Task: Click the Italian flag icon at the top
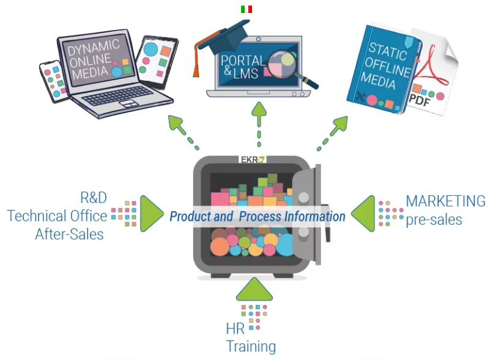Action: point(247,9)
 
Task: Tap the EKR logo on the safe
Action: point(251,160)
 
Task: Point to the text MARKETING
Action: point(445,201)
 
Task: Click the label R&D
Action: point(94,197)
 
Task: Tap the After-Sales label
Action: point(69,234)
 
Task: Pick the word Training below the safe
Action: point(251,346)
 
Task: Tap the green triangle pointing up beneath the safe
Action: point(254,291)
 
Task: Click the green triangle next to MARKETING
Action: point(365,214)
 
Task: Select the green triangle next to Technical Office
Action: point(150,214)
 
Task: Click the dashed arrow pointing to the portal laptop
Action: point(260,122)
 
